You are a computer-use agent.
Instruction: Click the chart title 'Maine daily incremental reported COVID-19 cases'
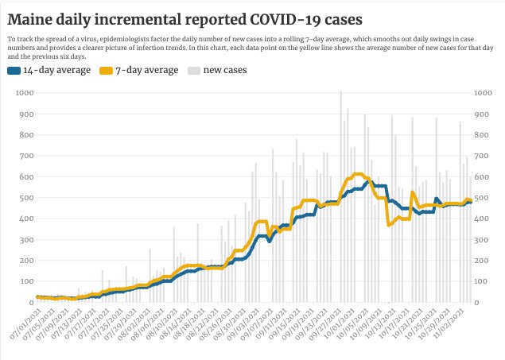[199, 18]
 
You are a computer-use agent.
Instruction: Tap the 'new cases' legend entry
[225, 70]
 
